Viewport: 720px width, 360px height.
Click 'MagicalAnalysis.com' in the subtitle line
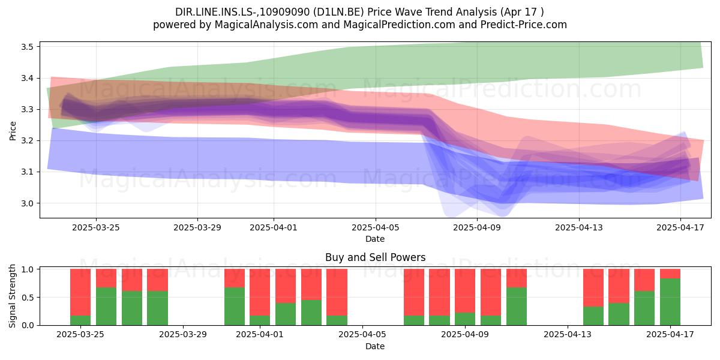(266, 25)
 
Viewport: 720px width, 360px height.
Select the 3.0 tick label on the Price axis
(28, 203)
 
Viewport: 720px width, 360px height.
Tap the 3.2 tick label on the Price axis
(28, 141)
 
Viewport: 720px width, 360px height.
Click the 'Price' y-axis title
(13, 131)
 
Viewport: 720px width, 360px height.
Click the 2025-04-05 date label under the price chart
(376, 227)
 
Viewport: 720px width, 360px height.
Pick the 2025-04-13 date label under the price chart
(579, 227)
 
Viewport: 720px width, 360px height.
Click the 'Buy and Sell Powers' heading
(375, 257)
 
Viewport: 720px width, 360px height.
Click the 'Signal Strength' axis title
(12, 296)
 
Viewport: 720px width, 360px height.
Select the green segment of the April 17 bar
(670, 302)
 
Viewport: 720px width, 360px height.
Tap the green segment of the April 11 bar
(517, 307)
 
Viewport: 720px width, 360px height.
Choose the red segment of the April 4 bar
(337, 292)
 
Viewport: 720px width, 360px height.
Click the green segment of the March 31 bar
(235, 307)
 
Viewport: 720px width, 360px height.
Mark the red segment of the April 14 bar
(593, 287)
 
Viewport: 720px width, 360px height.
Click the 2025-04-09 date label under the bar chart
(465, 335)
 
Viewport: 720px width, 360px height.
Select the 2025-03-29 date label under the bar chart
(183, 335)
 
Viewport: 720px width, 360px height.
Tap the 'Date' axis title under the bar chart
(375, 346)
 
